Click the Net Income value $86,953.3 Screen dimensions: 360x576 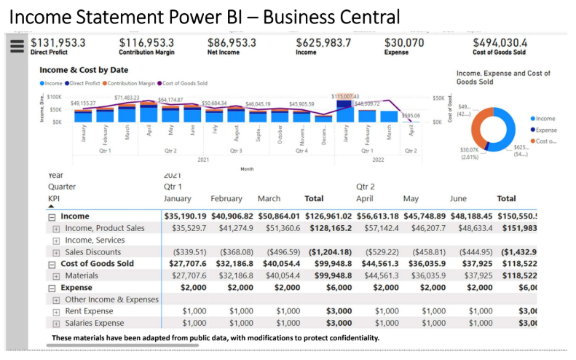tap(232, 43)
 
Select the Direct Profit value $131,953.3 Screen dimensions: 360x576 tap(58, 43)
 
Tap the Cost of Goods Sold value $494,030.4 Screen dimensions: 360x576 tap(500, 43)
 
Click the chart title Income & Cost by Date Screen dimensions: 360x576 tap(84, 70)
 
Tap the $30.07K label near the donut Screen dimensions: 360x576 tap(468, 149)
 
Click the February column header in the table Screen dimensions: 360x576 tap(226, 198)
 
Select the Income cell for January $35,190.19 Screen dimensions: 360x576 tap(185, 216)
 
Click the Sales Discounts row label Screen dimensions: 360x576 tap(94, 252)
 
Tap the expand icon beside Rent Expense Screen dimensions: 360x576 tap(56, 311)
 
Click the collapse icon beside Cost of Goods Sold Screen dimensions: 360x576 tap(52, 264)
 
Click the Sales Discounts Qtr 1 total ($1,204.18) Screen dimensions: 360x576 tap(330, 252)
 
